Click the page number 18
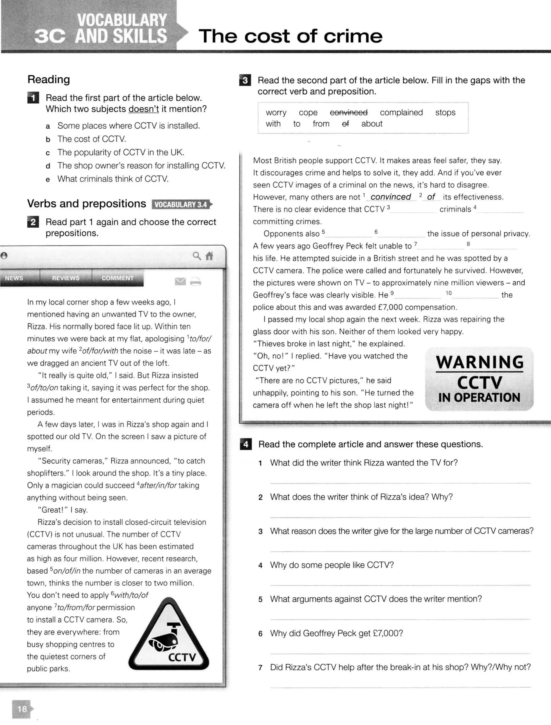[x=22, y=709]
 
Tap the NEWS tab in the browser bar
[x=14, y=278]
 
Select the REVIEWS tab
[x=66, y=278]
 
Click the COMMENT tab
[x=117, y=278]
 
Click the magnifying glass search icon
[x=196, y=256]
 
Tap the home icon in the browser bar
[x=209, y=256]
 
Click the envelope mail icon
[x=180, y=281]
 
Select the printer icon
[x=196, y=281]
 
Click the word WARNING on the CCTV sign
[x=479, y=362]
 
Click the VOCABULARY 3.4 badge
[x=181, y=205]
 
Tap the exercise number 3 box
[x=245, y=80]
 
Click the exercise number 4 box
[x=246, y=445]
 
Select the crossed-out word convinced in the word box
[x=348, y=112]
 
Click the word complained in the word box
[x=401, y=112]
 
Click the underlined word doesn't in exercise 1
[x=143, y=109]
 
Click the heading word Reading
[x=48, y=79]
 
